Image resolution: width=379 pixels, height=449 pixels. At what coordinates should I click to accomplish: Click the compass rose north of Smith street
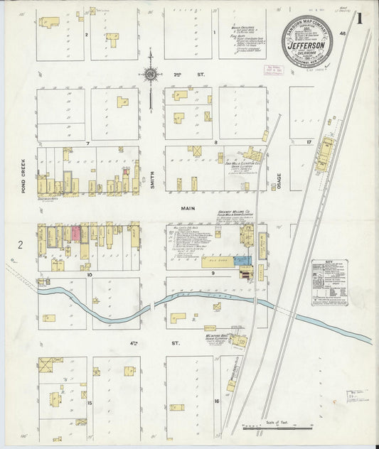coord(151,73)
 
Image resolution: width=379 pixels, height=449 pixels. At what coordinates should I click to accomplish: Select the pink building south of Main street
coord(74,234)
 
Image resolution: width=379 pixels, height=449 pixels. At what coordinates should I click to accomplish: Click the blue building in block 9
coord(243,261)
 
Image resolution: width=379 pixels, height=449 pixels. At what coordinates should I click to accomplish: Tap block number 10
coord(90,274)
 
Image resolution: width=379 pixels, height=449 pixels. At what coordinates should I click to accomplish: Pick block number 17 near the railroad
coord(309,143)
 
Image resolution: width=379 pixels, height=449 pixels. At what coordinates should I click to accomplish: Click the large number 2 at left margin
coord(21,245)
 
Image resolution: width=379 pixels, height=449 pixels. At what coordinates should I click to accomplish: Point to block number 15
coord(90,403)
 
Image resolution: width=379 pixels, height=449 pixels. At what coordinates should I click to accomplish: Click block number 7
coord(87,144)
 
